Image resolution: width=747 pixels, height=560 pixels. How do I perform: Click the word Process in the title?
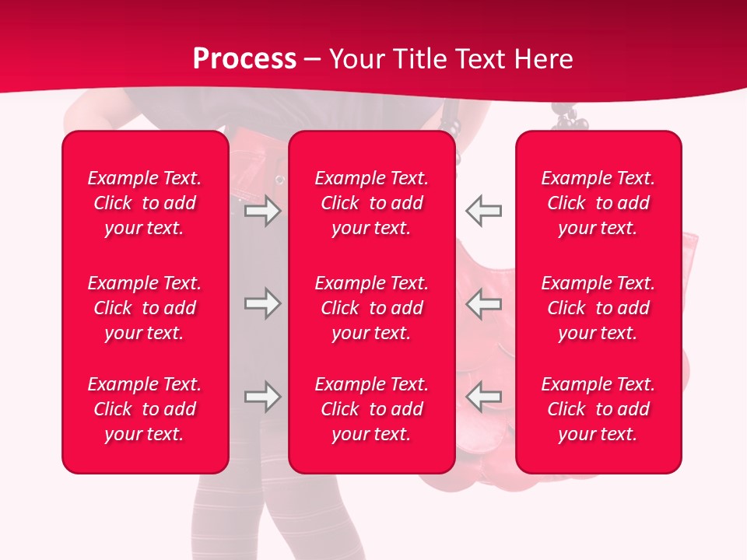(x=244, y=59)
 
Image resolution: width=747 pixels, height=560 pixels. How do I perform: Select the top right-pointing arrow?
(x=262, y=211)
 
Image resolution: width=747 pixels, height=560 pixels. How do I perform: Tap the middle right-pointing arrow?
(x=262, y=303)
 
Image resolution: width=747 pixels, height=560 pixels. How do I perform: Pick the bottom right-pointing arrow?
(x=262, y=397)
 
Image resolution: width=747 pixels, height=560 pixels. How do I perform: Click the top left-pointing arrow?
(x=483, y=211)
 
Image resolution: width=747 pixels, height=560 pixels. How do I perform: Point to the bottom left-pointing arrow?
(x=483, y=397)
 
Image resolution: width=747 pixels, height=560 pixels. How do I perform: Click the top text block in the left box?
(x=145, y=203)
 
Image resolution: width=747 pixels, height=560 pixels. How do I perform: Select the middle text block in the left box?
(x=145, y=308)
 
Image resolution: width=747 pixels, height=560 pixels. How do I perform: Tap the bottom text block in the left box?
(x=145, y=409)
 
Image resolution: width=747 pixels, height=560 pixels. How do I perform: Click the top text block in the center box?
(x=372, y=203)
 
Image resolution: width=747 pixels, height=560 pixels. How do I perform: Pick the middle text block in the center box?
(x=372, y=308)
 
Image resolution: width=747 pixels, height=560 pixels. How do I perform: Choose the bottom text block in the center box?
(x=372, y=409)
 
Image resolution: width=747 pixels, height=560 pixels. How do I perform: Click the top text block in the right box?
(x=598, y=203)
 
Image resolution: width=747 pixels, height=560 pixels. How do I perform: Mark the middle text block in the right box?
(x=598, y=308)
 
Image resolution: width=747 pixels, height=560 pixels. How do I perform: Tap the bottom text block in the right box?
(x=598, y=409)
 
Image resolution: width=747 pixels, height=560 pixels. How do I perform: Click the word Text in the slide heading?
(x=481, y=59)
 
